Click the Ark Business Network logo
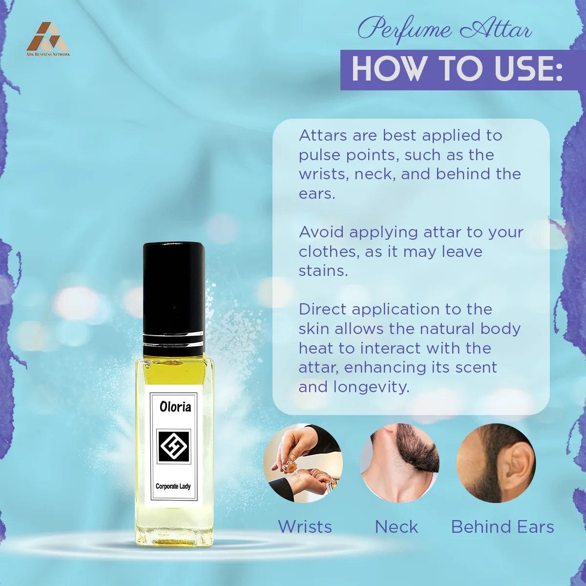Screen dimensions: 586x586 (48, 39)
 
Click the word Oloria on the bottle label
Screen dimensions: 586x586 (175, 407)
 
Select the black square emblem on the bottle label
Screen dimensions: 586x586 (174, 446)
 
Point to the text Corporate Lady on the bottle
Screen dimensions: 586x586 (173, 486)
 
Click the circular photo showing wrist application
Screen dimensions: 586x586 (303, 463)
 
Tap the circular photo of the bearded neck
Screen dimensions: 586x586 (399, 463)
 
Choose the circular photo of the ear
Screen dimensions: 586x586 (496, 463)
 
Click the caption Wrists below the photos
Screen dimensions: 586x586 (305, 527)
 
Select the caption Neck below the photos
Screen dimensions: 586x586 (397, 527)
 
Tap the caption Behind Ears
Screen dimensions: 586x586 (502, 527)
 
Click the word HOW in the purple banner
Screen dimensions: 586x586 (387, 70)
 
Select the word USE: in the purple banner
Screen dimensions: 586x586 (529, 70)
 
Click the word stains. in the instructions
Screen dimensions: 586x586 (323, 271)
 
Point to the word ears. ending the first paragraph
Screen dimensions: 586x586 (317, 194)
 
